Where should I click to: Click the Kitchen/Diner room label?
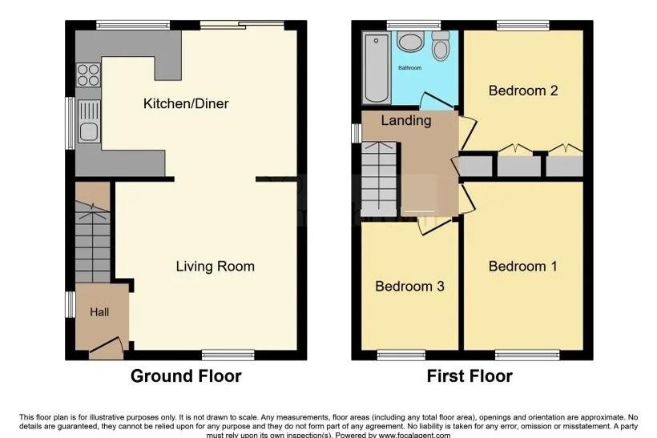186,103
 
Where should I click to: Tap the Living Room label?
215,267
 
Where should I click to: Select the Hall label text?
99,312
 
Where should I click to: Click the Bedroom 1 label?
523,267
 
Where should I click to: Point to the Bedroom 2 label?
523,90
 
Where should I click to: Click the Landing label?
406,121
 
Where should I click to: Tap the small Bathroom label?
409,68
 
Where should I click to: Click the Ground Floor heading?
186,376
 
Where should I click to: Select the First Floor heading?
470,376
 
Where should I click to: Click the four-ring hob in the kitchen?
88,74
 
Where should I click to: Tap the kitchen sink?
88,122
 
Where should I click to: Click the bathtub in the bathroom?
377,68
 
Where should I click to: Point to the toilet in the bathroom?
441,46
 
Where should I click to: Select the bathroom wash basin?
409,42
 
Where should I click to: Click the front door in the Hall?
106,348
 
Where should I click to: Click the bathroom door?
436,102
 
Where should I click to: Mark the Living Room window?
228,356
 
